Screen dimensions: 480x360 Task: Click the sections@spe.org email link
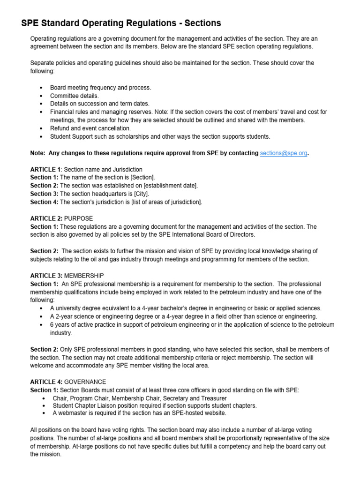(284, 153)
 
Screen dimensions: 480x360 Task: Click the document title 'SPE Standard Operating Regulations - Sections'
(121, 23)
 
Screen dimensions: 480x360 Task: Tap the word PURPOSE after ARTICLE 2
(78, 218)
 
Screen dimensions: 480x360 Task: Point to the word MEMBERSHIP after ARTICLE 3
(84, 276)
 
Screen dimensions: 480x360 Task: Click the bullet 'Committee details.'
(75, 96)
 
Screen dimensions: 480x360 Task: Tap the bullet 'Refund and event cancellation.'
(90, 128)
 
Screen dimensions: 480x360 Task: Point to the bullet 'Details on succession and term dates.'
(100, 104)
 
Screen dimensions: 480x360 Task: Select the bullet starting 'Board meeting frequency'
(100, 88)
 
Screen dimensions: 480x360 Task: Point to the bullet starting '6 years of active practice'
(192, 325)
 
